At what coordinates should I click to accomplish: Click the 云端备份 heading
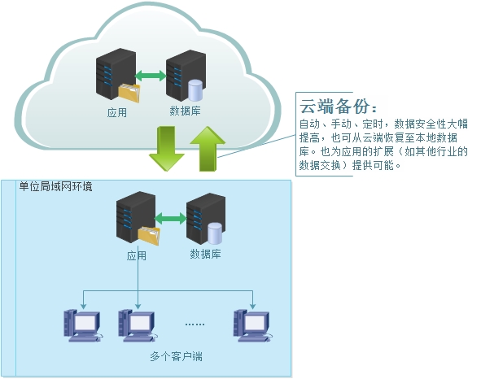pyautogui.click(x=338, y=106)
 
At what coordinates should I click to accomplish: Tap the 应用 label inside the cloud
pyautogui.click(x=117, y=112)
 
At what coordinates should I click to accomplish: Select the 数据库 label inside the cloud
pyautogui.click(x=185, y=111)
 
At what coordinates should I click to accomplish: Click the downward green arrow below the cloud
pyautogui.click(x=167, y=149)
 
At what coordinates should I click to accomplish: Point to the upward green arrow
pyautogui.click(x=208, y=149)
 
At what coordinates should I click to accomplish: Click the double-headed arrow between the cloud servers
pyautogui.click(x=151, y=76)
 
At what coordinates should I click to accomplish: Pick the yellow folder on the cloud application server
pyautogui.click(x=129, y=93)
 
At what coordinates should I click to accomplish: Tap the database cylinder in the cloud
pyautogui.click(x=195, y=90)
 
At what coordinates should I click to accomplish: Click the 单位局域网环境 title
pyautogui.click(x=55, y=186)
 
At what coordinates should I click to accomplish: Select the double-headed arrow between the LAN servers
pyautogui.click(x=171, y=218)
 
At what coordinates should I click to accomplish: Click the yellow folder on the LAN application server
pyautogui.click(x=149, y=236)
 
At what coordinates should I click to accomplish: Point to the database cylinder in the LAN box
pyautogui.click(x=215, y=233)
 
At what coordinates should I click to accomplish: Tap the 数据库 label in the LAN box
pyautogui.click(x=205, y=254)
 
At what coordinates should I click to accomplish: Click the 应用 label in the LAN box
pyautogui.click(x=137, y=255)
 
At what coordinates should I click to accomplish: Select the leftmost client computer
pyautogui.click(x=83, y=325)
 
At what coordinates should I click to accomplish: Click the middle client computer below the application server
pyautogui.click(x=138, y=325)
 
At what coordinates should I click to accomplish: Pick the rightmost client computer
pyautogui.click(x=253, y=325)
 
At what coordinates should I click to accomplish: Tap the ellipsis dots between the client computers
pyautogui.click(x=195, y=325)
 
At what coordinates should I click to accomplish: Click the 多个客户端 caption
pyautogui.click(x=176, y=356)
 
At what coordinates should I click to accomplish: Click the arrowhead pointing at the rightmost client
pyautogui.click(x=253, y=307)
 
